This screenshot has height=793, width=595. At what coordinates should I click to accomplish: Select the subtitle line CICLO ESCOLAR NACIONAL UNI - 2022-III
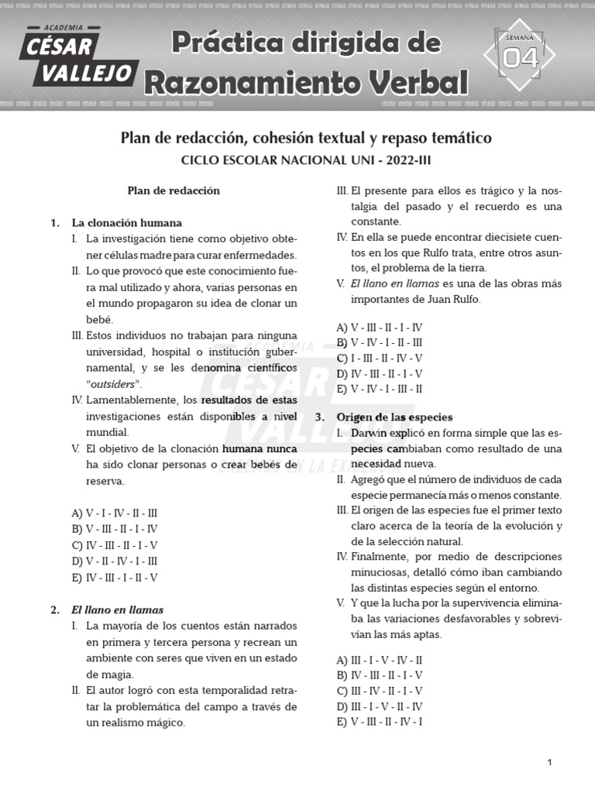(306, 160)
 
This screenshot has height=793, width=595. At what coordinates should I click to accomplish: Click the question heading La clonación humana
(127, 222)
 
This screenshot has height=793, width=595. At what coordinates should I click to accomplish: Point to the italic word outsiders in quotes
(114, 384)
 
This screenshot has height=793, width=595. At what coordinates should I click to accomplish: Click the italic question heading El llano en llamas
(118, 609)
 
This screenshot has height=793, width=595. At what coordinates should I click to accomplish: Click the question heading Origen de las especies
(394, 417)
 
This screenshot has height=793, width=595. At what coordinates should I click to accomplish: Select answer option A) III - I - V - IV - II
(380, 660)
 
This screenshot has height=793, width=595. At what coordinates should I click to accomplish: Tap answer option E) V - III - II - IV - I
(380, 722)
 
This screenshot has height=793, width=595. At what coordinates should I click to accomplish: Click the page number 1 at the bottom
(549, 763)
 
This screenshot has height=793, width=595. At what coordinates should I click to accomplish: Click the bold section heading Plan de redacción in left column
(174, 191)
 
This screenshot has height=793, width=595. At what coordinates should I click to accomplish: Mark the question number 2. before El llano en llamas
(55, 609)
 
